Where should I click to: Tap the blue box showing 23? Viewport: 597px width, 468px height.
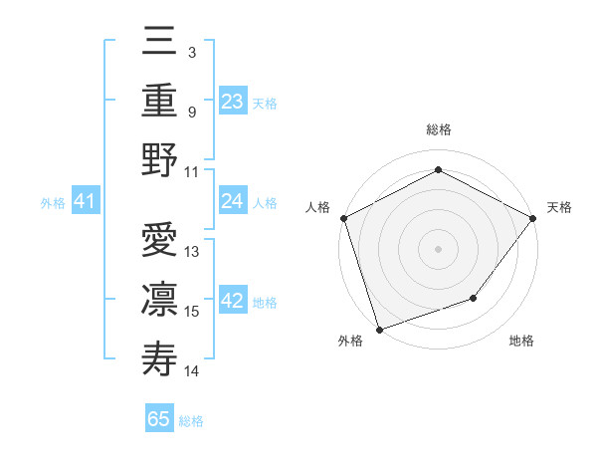pyautogui.click(x=232, y=102)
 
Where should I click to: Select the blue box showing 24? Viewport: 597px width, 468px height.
pyautogui.click(x=232, y=202)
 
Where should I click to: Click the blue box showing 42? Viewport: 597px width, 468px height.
pyautogui.click(x=232, y=302)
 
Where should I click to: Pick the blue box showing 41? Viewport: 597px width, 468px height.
pyautogui.click(x=85, y=202)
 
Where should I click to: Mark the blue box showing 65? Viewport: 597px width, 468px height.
pyautogui.click(x=159, y=419)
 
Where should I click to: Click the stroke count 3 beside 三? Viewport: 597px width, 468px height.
pyautogui.click(x=191, y=52)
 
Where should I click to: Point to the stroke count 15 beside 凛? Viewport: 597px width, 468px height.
pyautogui.click(x=192, y=311)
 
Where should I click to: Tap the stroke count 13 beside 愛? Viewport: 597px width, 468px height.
pyautogui.click(x=192, y=252)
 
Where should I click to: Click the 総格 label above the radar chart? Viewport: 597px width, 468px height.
pyautogui.click(x=439, y=129)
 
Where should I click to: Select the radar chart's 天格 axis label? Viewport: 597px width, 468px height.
pyautogui.click(x=559, y=207)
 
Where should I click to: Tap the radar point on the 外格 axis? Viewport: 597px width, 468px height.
pyautogui.click(x=379, y=329)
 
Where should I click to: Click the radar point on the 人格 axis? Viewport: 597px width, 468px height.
pyautogui.click(x=343, y=217)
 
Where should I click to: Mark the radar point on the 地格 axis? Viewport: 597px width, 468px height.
pyautogui.click(x=474, y=298)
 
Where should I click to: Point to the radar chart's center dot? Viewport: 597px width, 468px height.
pyautogui.click(x=439, y=248)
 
